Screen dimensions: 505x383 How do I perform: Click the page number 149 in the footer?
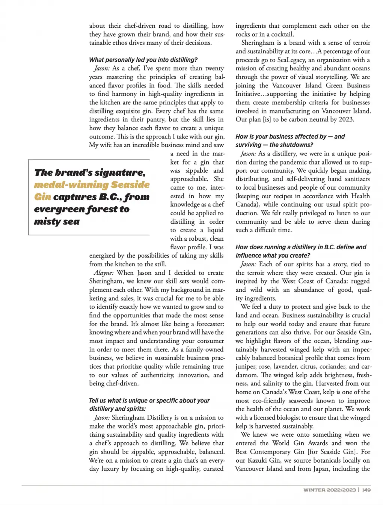click(366, 490)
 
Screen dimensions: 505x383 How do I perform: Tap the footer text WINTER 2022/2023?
click(329, 490)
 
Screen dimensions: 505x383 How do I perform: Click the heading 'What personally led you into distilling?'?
click(143, 60)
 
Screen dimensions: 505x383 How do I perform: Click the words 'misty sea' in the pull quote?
click(57, 222)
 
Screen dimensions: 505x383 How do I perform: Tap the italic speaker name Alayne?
click(104, 273)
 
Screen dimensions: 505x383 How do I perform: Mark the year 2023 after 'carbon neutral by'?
click(345, 119)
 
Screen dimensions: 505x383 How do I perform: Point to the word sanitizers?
click(354, 179)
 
